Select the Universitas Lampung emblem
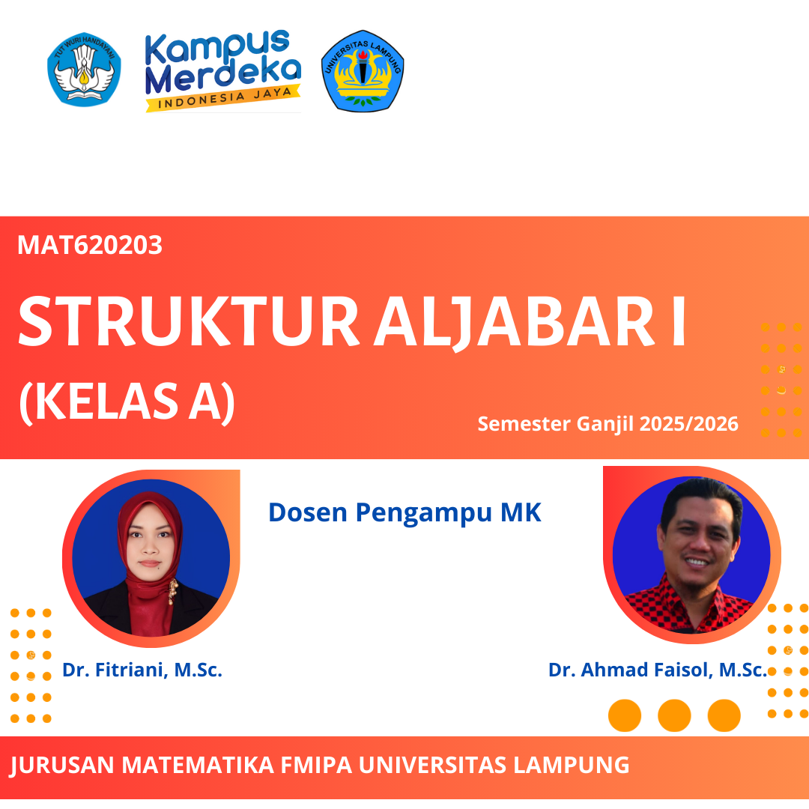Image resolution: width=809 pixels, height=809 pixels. pyautogui.click(x=363, y=71)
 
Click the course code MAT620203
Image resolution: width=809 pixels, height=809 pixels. pyautogui.click(x=90, y=245)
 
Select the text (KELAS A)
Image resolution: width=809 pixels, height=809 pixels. pyautogui.click(x=126, y=402)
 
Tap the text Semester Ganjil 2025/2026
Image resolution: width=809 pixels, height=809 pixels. pyautogui.click(x=607, y=424)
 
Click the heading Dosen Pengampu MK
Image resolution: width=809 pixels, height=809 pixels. pyautogui.click(x=404, y=512)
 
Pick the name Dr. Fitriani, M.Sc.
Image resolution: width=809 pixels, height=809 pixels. pyautogui.click(x=142, y=670)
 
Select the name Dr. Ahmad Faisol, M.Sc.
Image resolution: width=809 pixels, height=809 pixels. pyautogui.click(x=657, y=670)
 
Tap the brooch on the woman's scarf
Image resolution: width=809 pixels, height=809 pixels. pyautogui.click(x=172, y=593)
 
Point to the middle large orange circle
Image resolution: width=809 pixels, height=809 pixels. pyautogui.click(x=674, y=715)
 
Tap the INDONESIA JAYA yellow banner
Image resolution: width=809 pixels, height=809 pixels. pyautogui.click(x=222, y=99)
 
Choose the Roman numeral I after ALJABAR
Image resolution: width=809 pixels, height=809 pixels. pyautogui.click(x=677, y=322)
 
